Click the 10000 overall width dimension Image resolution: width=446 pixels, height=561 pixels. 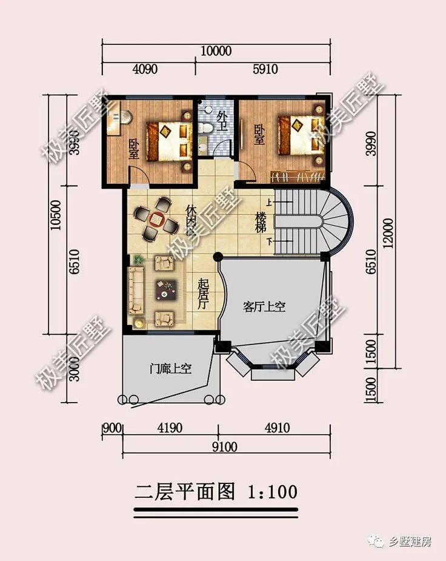[x=216, y=51]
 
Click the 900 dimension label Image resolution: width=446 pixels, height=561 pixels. [x=112, y=428]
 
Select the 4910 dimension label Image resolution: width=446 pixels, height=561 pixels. [x=276, y=428]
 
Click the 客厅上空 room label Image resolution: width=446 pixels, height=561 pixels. [x=264, y=307]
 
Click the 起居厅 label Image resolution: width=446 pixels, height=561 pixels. [x=204, y=294]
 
